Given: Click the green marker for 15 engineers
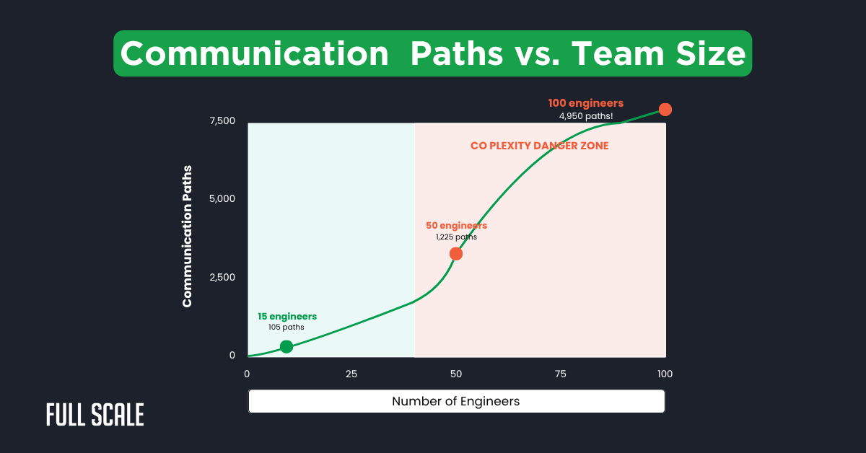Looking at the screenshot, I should [287, 346].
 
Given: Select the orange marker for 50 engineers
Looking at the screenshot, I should [455, 254].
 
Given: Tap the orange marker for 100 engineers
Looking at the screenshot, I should [665, 110].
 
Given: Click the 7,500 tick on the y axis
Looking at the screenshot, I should [222, 120].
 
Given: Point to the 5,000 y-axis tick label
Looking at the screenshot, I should [222, 198].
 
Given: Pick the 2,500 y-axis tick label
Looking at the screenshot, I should [222, 277].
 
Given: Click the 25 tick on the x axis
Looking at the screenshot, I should [351, 374].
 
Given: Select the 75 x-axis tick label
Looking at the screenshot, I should [560, 374].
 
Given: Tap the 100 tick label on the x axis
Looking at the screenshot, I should [665, 374].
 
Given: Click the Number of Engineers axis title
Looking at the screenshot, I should [455, 401].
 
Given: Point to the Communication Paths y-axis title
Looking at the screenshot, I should [188, 245].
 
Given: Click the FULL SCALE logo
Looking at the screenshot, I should [95, 415].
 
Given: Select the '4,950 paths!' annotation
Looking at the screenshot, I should [585, 115].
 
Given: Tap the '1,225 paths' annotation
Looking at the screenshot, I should [456, 237].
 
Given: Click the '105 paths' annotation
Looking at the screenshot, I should [287, 327].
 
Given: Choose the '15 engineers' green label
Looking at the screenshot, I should [287, 316].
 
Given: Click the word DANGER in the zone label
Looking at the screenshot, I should [557, 146].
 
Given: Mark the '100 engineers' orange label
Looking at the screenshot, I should [585, 103].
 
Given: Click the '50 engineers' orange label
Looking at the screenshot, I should [456, 226].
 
